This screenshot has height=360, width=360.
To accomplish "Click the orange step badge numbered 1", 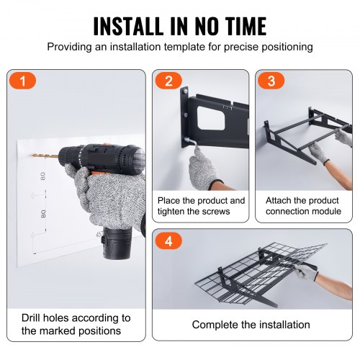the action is click(x=22, y=81).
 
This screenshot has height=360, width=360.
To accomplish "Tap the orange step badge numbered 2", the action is click(x=168, y=81).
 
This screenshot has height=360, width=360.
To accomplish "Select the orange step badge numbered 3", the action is click(x=271, y=81).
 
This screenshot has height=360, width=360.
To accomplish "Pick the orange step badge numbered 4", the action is click(x=168, y=240).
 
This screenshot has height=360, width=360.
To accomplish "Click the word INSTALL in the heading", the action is click(x=128, y=26).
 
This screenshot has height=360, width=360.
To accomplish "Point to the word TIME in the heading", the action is click(x=246, y=26).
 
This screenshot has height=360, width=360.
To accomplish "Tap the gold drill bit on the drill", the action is click(x=45, y=156).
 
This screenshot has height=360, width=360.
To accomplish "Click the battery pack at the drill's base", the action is click(x=117, y=243).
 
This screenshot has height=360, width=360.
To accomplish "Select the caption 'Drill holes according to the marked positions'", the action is click(x=76, y=324).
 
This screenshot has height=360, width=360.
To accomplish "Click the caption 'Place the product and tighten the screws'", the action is click(x=201, y=206).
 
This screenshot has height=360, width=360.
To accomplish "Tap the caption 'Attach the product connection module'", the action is click(x=303, y=206).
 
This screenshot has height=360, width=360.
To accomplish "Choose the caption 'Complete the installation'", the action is click(x=251, y=325).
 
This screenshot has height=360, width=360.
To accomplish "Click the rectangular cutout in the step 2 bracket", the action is click(x=211, y=118).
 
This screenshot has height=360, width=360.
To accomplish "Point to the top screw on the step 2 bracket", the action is click(x=185, y=91).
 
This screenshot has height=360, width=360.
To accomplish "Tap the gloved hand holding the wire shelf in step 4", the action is click(x=305, y=271).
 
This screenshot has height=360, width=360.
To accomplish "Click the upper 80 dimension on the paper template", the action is click(x=42, y=176).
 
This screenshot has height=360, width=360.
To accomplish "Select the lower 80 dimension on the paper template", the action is click(x=43, y=214).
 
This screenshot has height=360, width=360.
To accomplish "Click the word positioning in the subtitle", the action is click(x=287, y=47).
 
